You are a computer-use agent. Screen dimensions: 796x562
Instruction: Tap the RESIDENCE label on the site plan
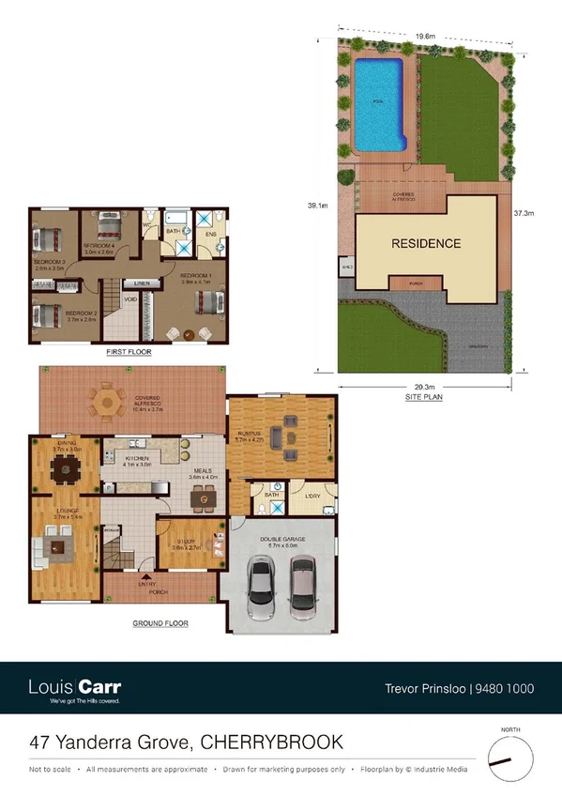click(425, 243)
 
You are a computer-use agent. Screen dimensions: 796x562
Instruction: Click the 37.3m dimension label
click(523, 213)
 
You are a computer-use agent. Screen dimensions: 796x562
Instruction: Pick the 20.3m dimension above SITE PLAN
click(425, 387)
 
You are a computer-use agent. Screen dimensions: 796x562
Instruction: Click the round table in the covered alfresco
click(108, 403)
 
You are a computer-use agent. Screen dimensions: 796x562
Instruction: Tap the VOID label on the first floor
click(130, 300)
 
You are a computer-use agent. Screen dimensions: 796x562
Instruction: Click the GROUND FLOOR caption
click(160, 623)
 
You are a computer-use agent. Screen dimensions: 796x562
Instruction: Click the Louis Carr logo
click(75, 687)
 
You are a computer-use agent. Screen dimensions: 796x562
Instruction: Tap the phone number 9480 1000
click(506, 688)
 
